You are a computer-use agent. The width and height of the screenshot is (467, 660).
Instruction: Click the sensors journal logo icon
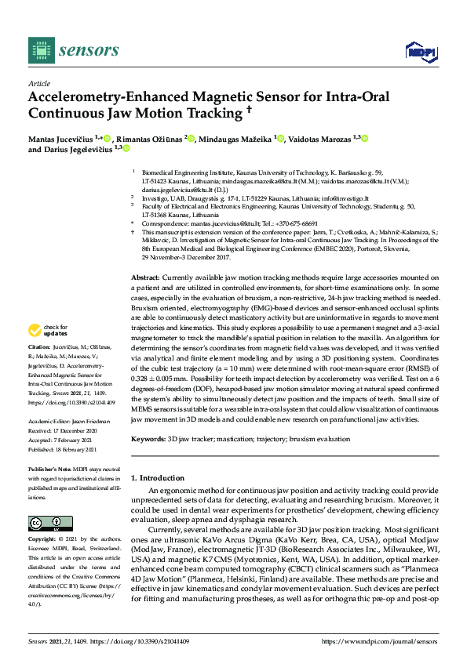tap(38, 50)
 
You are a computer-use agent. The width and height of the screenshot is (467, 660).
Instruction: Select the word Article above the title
tap(38, 84)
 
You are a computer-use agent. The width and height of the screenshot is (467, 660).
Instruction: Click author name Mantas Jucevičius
tap(59, 139)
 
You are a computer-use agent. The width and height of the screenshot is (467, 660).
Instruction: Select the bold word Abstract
tap(145, 277)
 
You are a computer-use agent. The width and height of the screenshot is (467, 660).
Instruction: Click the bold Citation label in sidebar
tap(39, 346)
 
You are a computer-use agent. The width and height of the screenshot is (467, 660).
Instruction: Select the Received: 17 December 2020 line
tap(64, 430)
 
